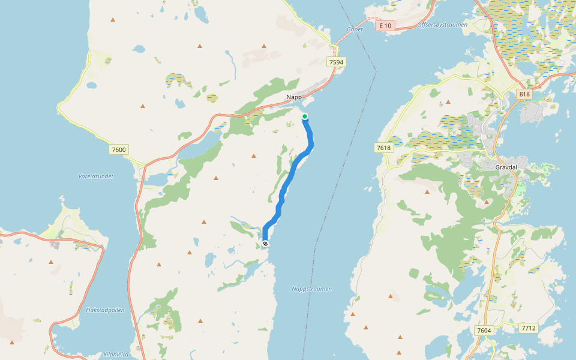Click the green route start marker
(x=305, y=116)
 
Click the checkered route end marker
(x=265, y=244)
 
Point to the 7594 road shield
(x=337, y=62)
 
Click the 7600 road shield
(x=119, y=149)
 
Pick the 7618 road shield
(x=383, y=147)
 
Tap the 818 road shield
(x=524, y=94)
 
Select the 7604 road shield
(x=483, y=330)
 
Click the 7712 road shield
(x=529, y=328)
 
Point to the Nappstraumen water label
(x=311, y=289)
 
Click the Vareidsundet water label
(x=96, y=176)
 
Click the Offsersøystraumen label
(x=442, y=25)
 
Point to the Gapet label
(x=355, y=29)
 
